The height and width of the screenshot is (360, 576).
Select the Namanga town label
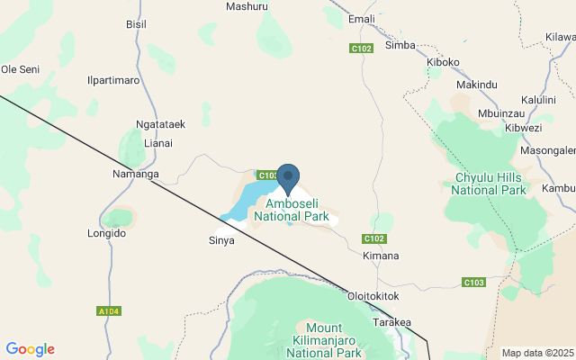(x=135, y=174)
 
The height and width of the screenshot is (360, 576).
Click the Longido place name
(x=107, y=233)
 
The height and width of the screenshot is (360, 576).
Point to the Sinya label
(x=221, y=240)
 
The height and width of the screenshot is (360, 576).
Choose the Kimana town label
(x=380, y=256)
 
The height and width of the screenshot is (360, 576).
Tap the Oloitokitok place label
(x=373, y=295)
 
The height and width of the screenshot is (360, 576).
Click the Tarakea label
(x=391, y=322)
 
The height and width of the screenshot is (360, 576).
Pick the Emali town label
(x=361, y=19)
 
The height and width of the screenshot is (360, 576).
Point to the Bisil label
(x=137, y=24)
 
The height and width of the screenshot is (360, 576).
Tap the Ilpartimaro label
(x=113, y=81)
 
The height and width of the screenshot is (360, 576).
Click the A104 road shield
(x=108, y=311)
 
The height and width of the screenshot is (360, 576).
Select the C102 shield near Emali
(x=362, y=48)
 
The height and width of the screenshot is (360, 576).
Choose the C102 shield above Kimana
(x=374, y=238)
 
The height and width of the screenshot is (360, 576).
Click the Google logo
(x=30, y=349)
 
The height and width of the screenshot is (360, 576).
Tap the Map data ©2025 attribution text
(x=537, y=353)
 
